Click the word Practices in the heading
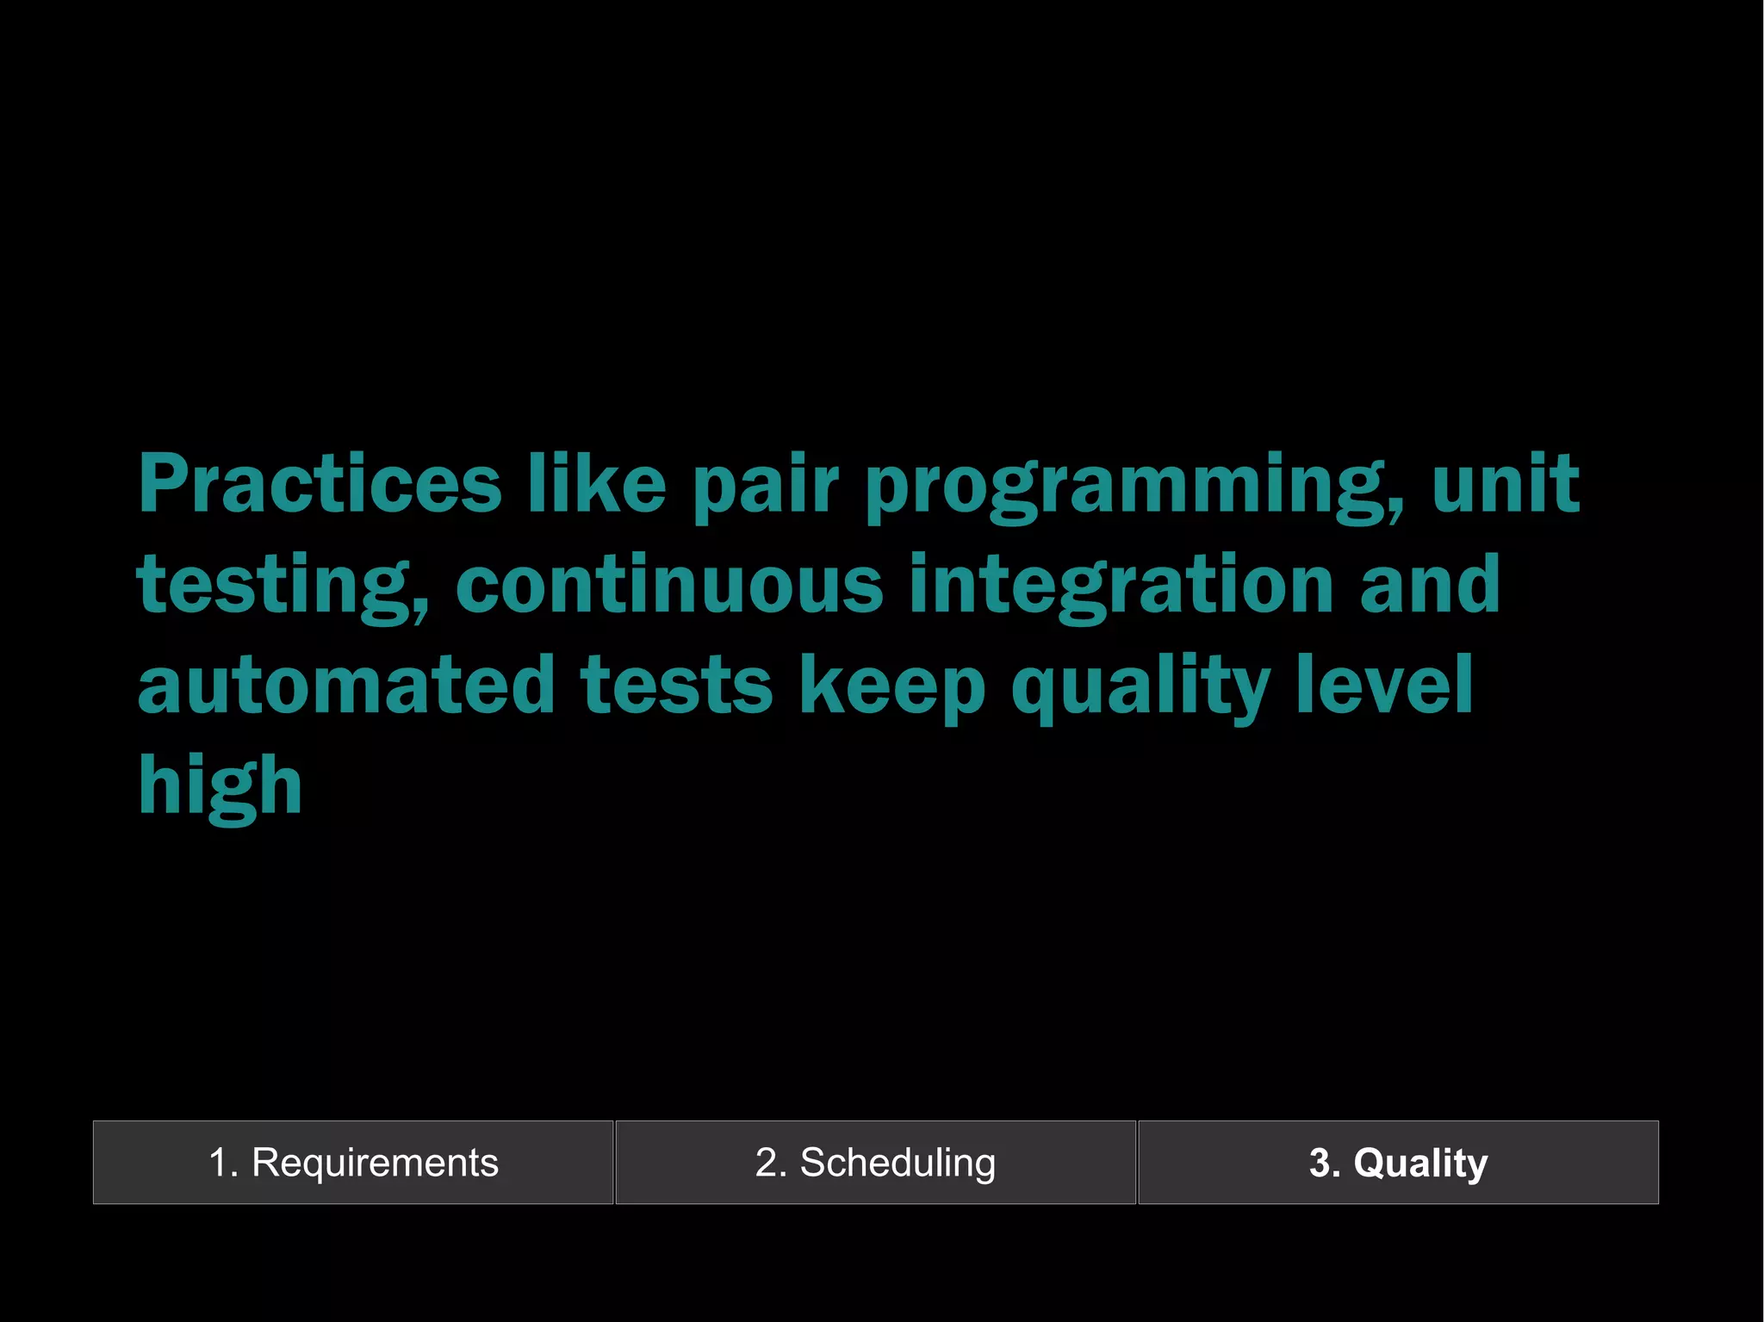coord(319,484)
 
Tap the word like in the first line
coord(596,484)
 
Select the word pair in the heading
coord(765,487)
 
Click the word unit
coord(1505,484)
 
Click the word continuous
coord(669,585)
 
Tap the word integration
coord(1121,587)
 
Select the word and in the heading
coord(1430,585)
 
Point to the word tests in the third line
coord(676,686)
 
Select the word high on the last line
coord(220,786)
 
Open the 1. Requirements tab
coord(353,1163)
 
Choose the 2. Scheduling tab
coord(875,1163)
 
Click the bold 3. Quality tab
coord(1398,1163)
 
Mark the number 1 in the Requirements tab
coord(219,1163)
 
